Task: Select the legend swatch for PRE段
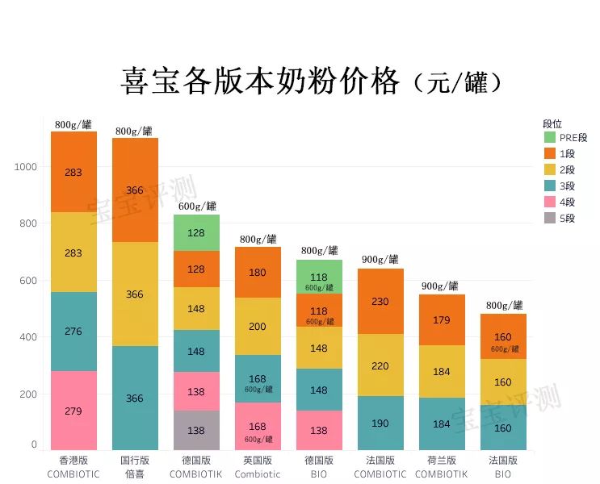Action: click(550, 138)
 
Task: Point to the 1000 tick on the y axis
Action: click(26, 167)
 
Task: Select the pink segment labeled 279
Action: click(73, 411)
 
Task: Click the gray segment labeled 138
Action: click(196, 431)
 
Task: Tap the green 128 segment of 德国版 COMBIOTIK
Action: click(196, 232)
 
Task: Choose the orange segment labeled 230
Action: click(380, 301)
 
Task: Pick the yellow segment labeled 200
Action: click(258, 326)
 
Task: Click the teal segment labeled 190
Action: click(380, 423)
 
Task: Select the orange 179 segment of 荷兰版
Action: click(442, 319)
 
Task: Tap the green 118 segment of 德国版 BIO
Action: click(319, 277)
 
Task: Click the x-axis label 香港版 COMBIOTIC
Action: click(73, 467)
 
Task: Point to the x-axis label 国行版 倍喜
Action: click(135, 467)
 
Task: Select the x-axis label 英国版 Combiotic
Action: click(258, 467)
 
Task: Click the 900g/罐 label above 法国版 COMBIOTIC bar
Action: click(380, 260)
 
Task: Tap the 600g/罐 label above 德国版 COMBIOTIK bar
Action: click(196, 207)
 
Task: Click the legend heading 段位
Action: click(552, 123)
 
